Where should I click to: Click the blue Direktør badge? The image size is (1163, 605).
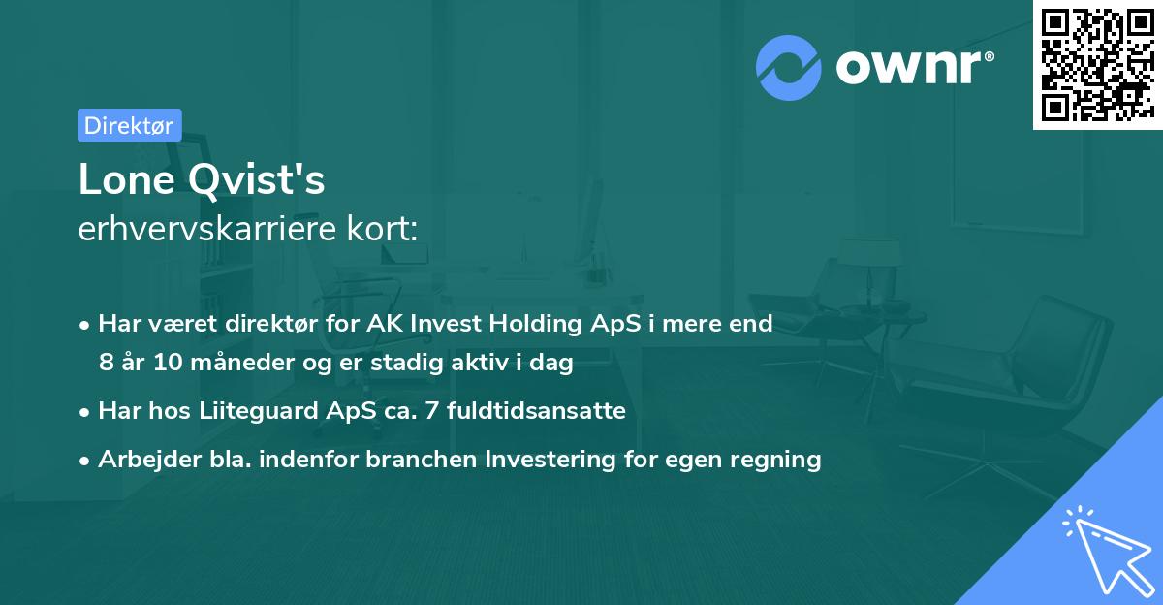[129, 125]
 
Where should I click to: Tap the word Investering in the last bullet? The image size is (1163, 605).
[554, 460]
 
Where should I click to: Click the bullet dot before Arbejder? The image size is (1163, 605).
[86, 461]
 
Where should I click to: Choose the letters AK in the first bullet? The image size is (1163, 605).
[379, 324]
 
